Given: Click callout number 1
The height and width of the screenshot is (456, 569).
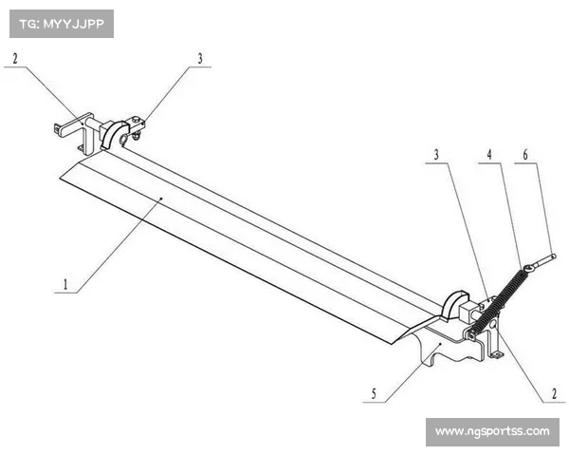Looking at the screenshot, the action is tap(65, 284).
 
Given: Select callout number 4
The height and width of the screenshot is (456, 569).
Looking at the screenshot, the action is tap(489, 155).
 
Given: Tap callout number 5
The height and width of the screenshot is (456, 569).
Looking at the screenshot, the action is tap(374, 394).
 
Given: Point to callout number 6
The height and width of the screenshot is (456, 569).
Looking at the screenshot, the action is tap(525, 155).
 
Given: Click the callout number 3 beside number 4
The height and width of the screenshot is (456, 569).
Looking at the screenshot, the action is tap(436, 155).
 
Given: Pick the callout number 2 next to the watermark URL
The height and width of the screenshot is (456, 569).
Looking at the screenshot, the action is tap(554, 394).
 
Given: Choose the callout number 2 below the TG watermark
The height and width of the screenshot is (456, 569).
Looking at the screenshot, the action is tap(15, 58).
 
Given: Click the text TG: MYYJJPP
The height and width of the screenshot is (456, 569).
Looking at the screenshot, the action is tap(62, 24).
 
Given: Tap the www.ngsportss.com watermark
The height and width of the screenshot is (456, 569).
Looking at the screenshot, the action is tap(492, 431).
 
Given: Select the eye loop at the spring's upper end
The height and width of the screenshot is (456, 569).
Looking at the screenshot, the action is tap(529, 269).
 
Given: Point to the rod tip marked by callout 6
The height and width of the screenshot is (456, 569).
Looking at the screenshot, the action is tap(553, 256).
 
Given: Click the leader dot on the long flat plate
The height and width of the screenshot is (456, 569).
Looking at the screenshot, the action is tap(161, 198).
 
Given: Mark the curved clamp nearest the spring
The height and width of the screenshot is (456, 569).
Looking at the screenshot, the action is tap(453, 306).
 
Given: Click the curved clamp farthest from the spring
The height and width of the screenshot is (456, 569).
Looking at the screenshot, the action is tap(115, 135).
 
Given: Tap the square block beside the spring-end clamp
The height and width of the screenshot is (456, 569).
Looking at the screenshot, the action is tap(468, 311).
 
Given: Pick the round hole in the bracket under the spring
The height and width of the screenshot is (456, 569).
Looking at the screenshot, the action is tap(493, 324).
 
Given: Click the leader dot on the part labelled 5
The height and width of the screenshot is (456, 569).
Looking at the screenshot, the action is tap(440, 343).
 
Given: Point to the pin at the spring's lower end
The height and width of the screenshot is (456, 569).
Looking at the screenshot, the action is tap(470, 335).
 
